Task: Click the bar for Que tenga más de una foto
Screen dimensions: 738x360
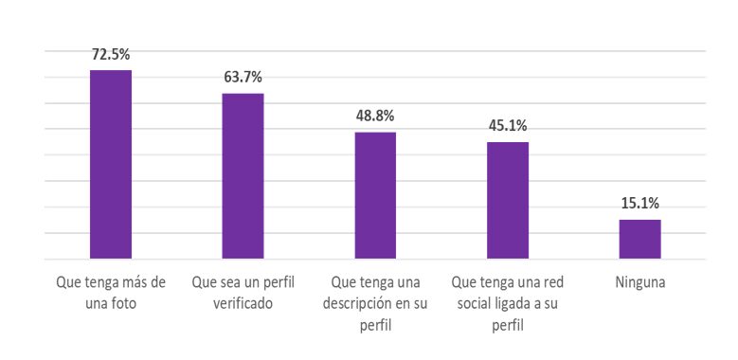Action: point(111,164)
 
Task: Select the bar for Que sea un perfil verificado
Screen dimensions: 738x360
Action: point(243,176)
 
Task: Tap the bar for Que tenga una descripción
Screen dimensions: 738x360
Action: point(375,195)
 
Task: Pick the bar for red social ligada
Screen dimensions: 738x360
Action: point(508,201)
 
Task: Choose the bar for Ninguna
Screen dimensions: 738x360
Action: point(640,239)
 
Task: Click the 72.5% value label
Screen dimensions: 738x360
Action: point(111,55)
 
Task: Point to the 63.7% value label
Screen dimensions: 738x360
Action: point(243,77)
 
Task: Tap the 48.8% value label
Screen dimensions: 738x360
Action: point(375,116)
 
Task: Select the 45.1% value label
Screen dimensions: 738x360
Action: point(508,126)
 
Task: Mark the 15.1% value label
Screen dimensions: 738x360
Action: point(640,204)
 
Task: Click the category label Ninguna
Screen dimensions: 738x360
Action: point(640,283)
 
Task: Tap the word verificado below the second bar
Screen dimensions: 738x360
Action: point(243,304)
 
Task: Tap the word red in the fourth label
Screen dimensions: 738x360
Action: point(554,283)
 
